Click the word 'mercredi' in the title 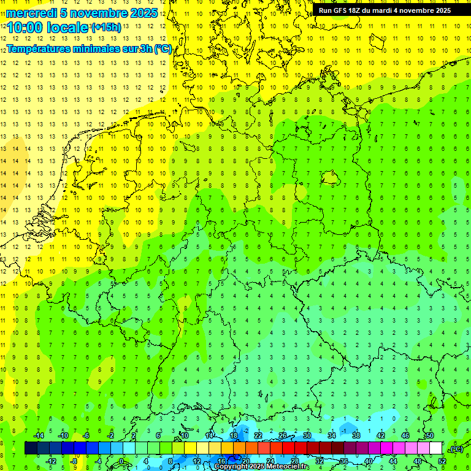pyautogui.click(x=31, y=13)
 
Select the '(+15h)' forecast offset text pyautogui.click(x=106, y=28)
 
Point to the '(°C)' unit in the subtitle pyautogui.click(x=163, y=48)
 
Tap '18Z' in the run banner pyautogui.click(x=360, y=10)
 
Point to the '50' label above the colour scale pyautogui.click(x=429, y=435)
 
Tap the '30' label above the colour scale pyautogui.click(x=307, y=435)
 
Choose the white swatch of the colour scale pyautogui.click(x=436, y=448)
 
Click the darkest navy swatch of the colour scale pyautogui.click(x=31, y=448)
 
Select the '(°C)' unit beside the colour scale pyautogui.click(x=456, y=448)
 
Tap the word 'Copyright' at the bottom pyautogui.click(x=233, y=467)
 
